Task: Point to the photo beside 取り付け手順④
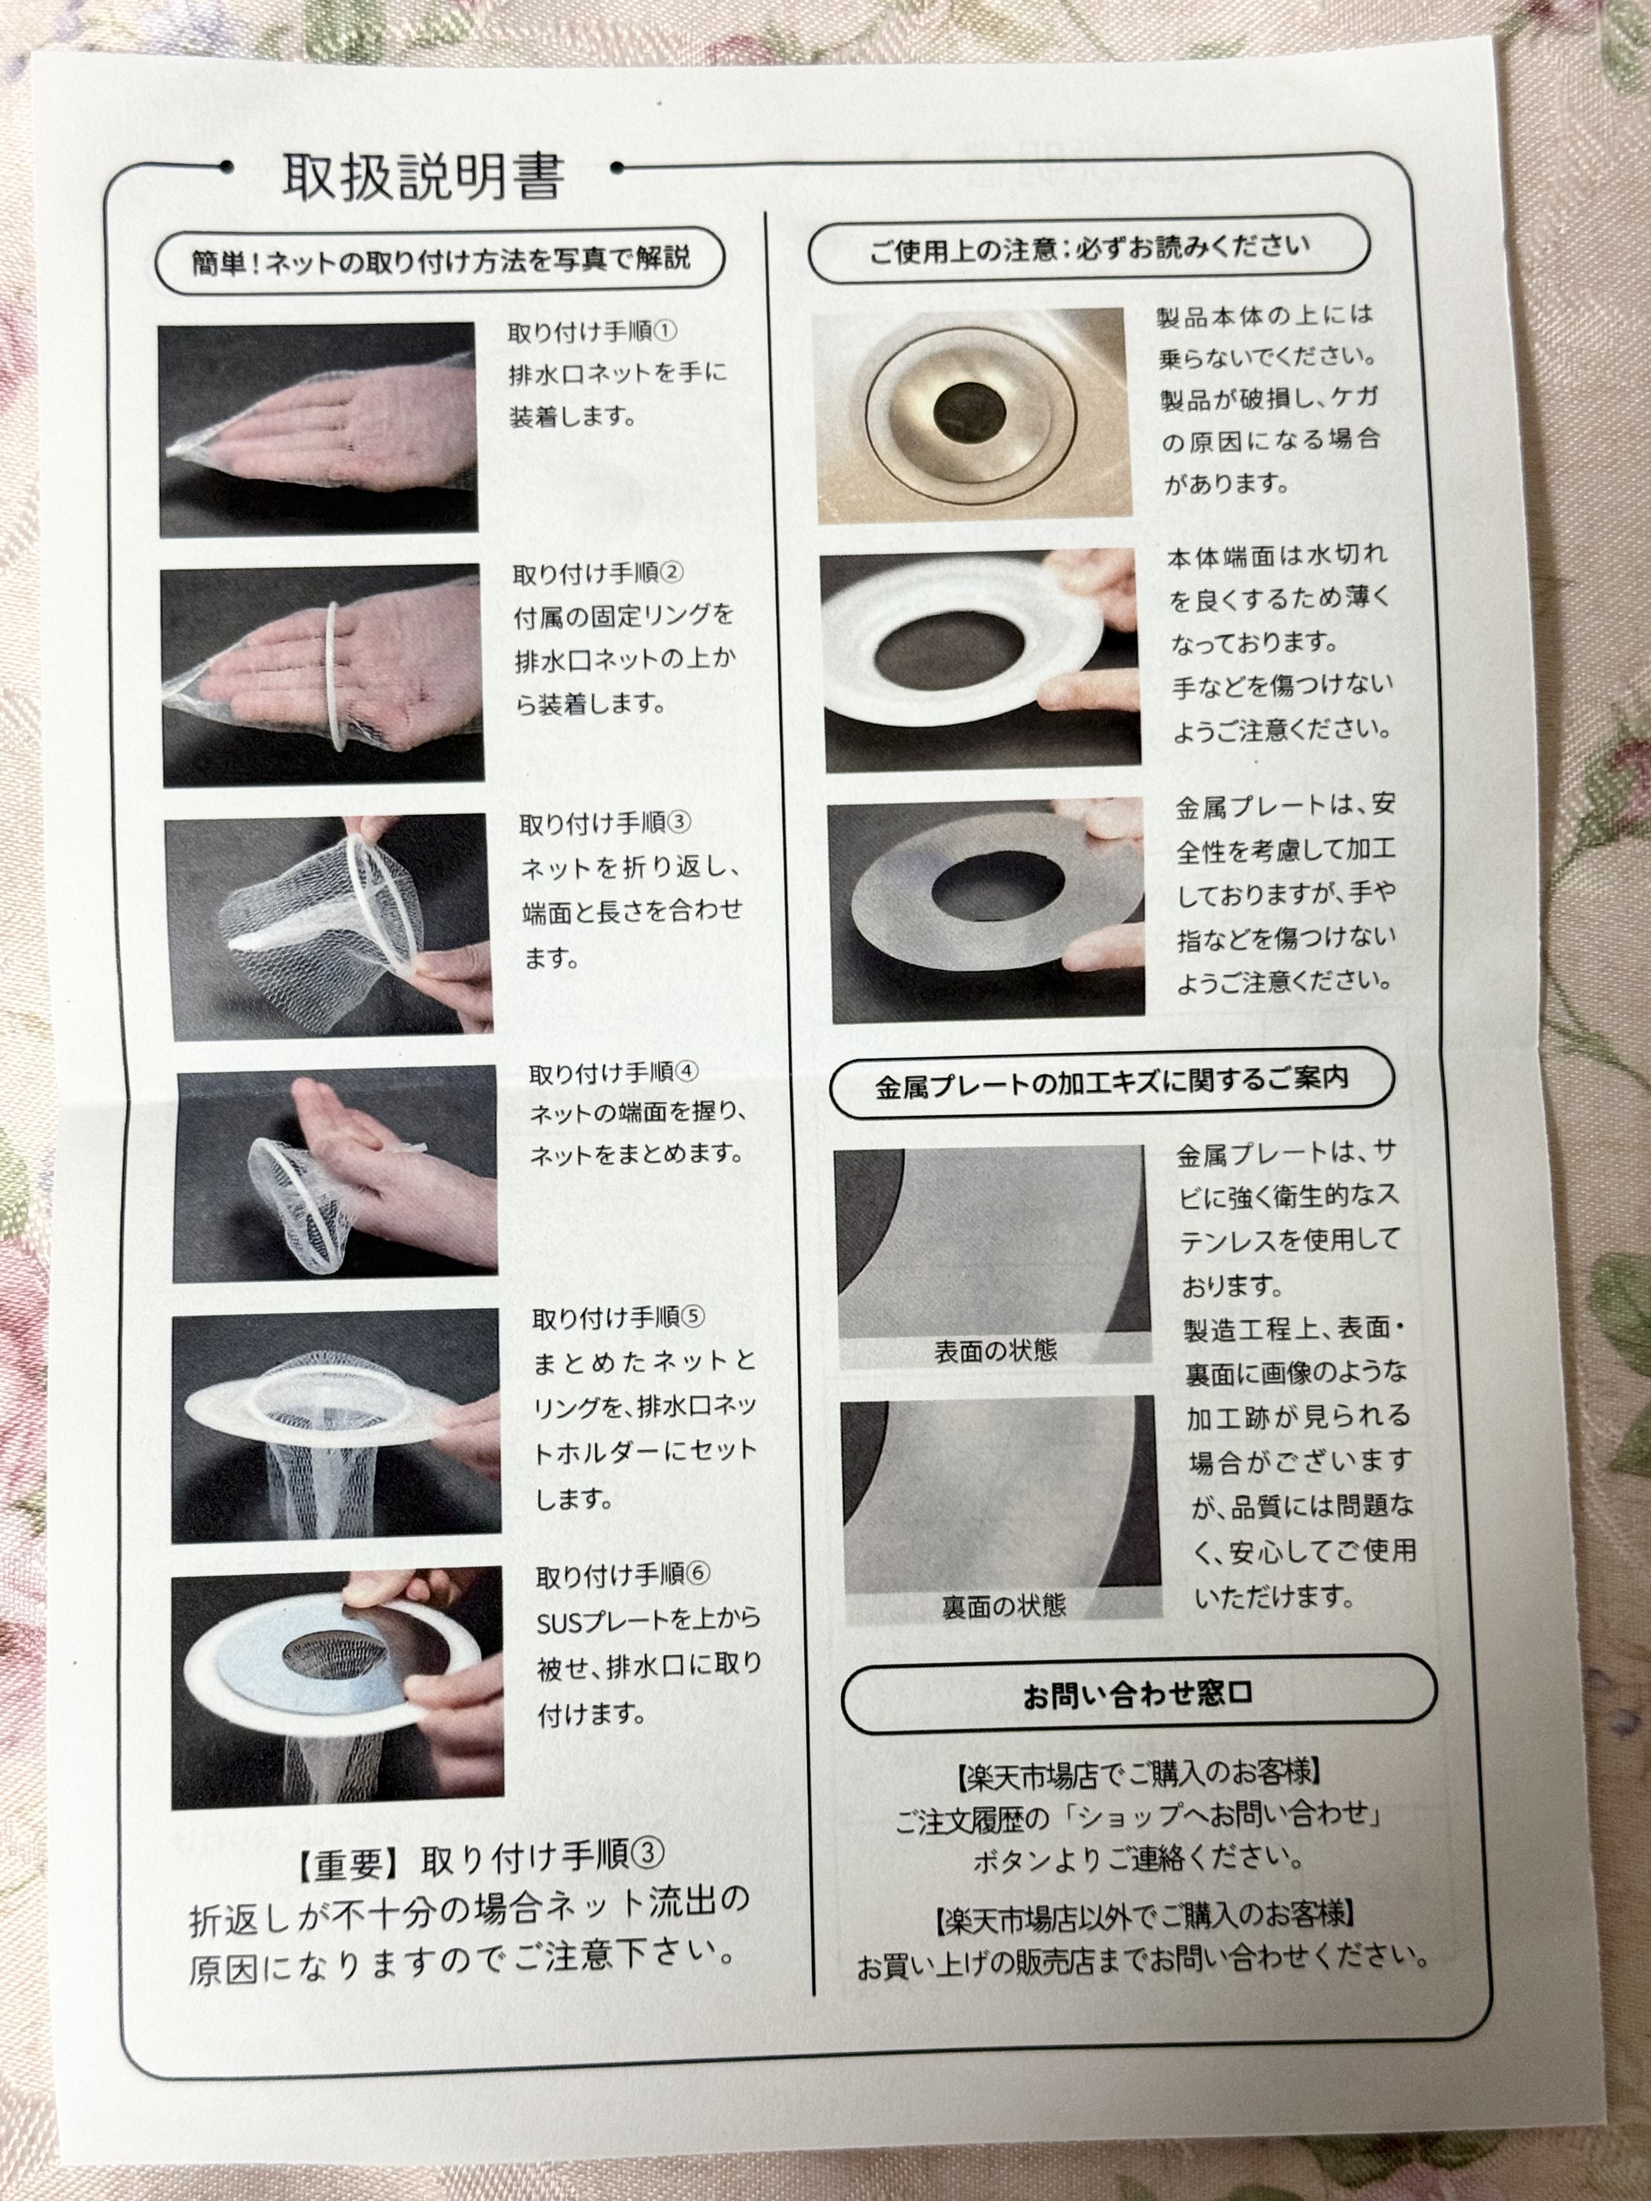tap(336, 1174)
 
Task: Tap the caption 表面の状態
tap(995, 1351)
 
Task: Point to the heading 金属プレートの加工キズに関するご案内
tap(1112, 1080)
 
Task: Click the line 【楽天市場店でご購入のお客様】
tap(1138, 1773)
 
